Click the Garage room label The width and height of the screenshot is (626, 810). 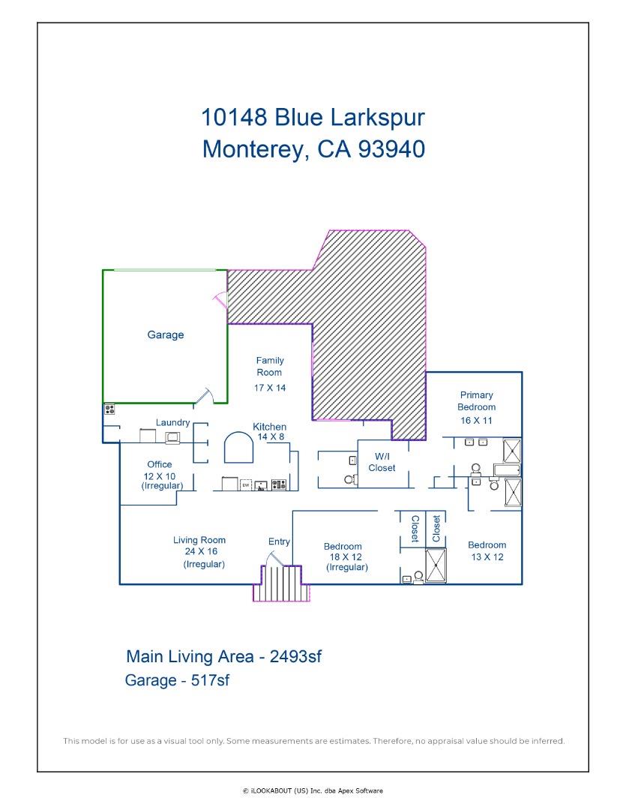point(165,335)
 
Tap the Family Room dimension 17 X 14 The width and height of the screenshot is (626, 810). point(269,388)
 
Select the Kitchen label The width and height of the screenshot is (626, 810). point(269,426)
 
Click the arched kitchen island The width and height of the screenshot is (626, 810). point(239,448)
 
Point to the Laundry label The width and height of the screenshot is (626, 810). point(172,423)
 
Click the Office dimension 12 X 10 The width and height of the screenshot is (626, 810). point(159,476)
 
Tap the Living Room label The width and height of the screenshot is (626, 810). point(199,540)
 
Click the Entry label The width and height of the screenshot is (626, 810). point(279,541)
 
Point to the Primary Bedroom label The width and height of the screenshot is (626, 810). point(477,400)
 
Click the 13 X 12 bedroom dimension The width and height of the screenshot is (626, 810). point(487,557)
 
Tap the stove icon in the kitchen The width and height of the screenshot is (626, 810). point(278,484)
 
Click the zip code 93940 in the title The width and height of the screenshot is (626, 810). point(382,148)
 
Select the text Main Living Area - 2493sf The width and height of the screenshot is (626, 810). point(223,657)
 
